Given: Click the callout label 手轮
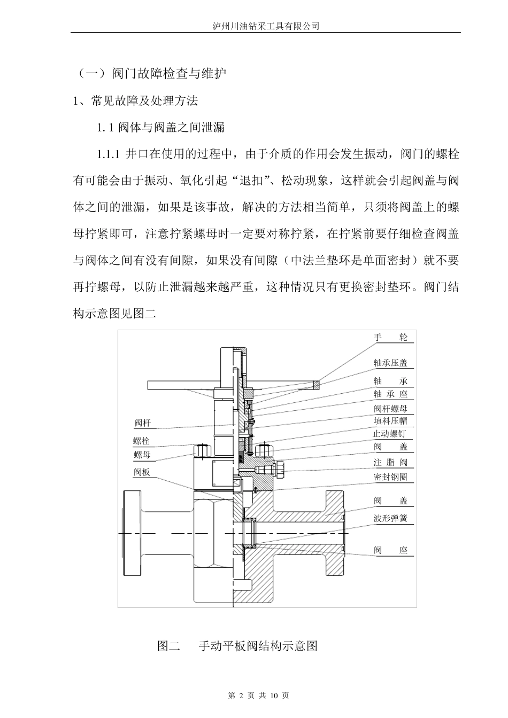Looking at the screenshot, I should coord(390,337).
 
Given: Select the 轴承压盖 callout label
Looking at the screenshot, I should coord(390,363).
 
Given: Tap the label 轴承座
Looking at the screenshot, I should coord(390,394).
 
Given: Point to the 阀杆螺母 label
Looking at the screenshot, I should coord(390,409).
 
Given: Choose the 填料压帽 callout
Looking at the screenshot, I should coord(390,421).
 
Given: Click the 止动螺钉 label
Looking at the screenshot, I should coord(390,434).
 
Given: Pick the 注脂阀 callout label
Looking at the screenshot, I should coord(390,463).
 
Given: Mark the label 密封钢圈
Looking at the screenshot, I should coord(390,477).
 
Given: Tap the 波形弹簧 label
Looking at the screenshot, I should coord(390,518).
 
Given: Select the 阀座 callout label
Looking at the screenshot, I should coord(390,550).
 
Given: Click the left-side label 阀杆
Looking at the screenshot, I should coord(142,424).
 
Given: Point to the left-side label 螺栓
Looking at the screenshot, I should coord(142,441).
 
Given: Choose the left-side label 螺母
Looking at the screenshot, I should coord(142,455).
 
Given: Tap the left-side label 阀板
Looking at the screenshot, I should coord(142,472).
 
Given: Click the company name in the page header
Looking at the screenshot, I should coord(266,26).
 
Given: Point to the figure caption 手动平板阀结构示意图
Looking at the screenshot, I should coord(258,646).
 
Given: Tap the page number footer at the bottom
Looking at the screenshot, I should coord(258,696).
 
